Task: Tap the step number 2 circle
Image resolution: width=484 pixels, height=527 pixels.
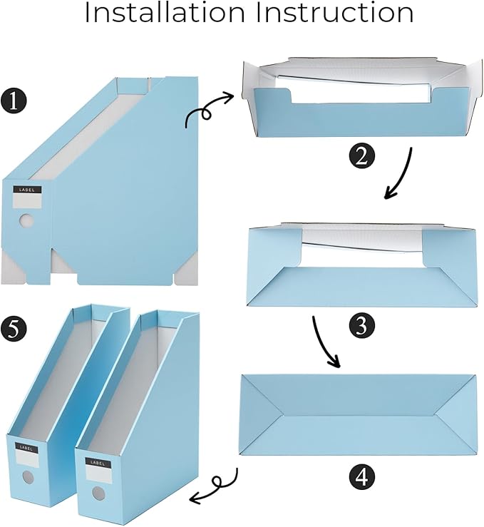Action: coord(361,155)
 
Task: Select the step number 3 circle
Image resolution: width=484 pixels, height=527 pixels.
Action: coord(361,325)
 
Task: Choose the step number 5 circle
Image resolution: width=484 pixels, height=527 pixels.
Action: coord(14,329)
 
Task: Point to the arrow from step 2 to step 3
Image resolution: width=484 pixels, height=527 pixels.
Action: coord(399,175)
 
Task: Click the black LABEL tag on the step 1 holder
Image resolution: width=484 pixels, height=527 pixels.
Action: coord(28,190)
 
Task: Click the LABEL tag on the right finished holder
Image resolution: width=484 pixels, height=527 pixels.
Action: coord(96,462)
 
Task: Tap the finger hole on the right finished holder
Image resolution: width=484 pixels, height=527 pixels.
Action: coord(97,492)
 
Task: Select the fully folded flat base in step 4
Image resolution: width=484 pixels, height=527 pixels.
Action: coord(357,414)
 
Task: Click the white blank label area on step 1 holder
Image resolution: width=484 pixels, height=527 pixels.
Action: coord(28,202)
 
